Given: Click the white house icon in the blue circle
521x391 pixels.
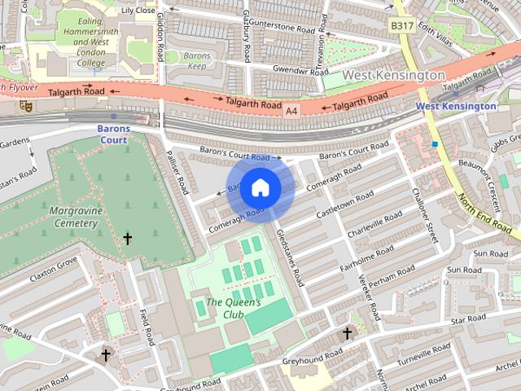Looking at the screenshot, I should coord(260,187).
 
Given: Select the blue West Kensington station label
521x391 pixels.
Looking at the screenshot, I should coord(456,106).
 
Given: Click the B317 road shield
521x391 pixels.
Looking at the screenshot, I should coord(401,26).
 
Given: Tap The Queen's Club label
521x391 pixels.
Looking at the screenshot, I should coord(234,309).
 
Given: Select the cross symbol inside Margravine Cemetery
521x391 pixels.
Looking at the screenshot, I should coord(127,239).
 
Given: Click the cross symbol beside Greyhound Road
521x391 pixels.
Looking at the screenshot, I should coord(347,333).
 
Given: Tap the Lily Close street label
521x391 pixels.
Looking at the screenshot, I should coord(138,11).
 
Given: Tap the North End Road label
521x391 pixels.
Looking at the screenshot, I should coord(485,209).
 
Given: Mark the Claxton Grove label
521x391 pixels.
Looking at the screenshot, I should coord(54,266).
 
